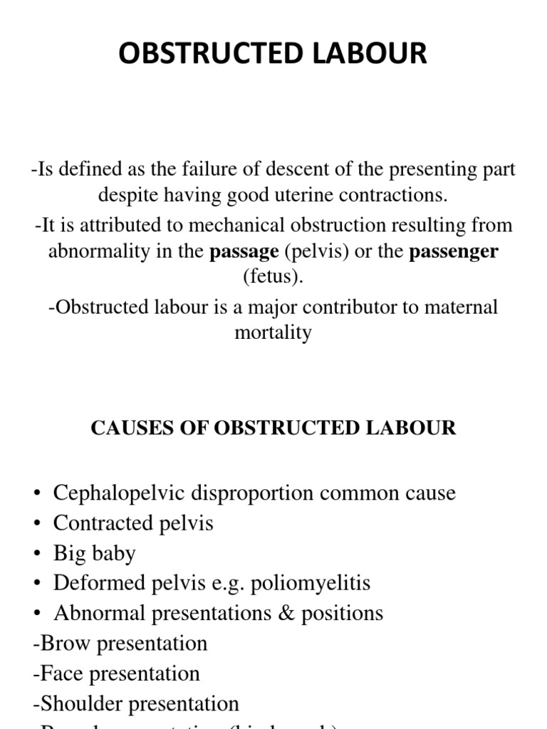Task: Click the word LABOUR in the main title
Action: (358, 53)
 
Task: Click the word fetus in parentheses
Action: (273, 276)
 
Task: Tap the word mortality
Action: (273, 332)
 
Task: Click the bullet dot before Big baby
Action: (37, 554)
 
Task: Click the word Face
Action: (63, 673)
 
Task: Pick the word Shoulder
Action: (81, 704)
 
